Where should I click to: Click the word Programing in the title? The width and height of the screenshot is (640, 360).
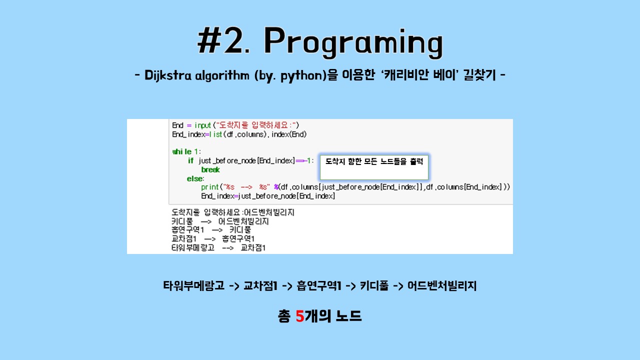(x=353, y=42)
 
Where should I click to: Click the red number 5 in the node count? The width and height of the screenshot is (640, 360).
(x=300, y=316)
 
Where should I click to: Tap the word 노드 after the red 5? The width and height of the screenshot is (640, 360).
(x=348, y=316)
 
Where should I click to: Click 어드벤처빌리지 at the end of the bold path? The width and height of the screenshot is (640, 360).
(x=442, y=286)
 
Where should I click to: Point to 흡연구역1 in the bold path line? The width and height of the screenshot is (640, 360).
(x=318, y=286)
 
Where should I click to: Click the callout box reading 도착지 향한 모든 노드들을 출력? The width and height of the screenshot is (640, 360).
(x=374, y=166)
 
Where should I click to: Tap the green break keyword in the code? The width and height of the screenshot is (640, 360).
(x=210, y=169)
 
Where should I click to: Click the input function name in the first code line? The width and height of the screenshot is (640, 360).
(x=202, y=125)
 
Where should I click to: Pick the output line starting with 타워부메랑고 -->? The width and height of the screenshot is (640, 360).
(x=218, y=248)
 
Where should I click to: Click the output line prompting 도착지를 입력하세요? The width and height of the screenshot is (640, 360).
(x=232, y=212)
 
